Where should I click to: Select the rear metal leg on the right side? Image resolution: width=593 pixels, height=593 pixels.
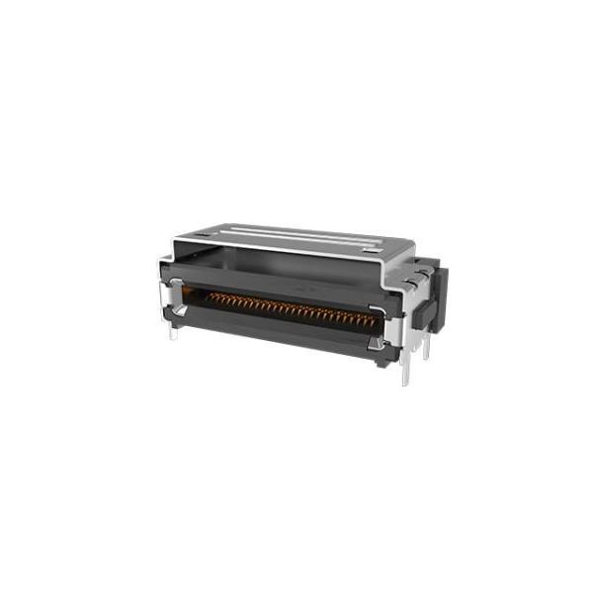click(426, 346)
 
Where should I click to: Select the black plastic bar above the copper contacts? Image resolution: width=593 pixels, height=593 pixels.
click(287, 287)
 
